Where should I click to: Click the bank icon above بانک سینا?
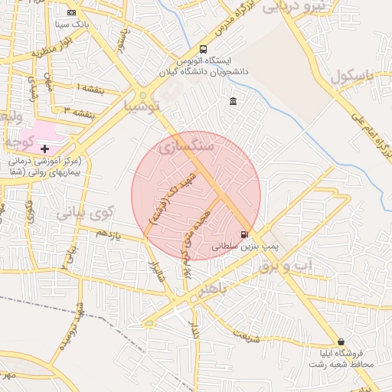pos(72,12)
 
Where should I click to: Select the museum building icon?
pos(233,101)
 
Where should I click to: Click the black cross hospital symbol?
pos(44,147)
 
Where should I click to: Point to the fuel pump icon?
pos(244,234)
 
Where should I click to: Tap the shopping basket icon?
pos(341,341)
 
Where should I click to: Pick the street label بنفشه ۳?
pos(80,113)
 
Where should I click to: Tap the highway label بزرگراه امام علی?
pos(367,135)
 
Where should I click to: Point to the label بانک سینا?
pos(73,24)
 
